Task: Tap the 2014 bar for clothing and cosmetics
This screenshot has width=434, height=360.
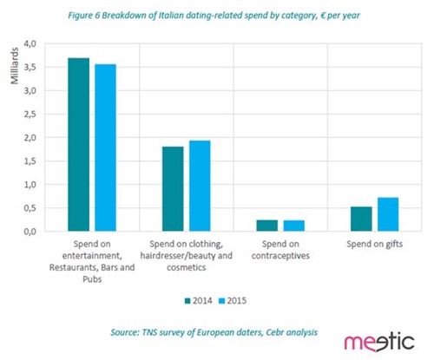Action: pyautogui.click(x=173, y=189)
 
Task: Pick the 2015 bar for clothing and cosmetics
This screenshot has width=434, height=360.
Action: pyautogui.click(x=201, y=186)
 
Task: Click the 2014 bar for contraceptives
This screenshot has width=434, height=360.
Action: pyautogui.click(x=266, y=226)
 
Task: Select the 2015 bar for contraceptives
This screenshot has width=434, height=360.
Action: pyautogui.click(x=294, y=226)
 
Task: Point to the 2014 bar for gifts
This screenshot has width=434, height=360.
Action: pyautogui.click(x=361, y=219)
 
